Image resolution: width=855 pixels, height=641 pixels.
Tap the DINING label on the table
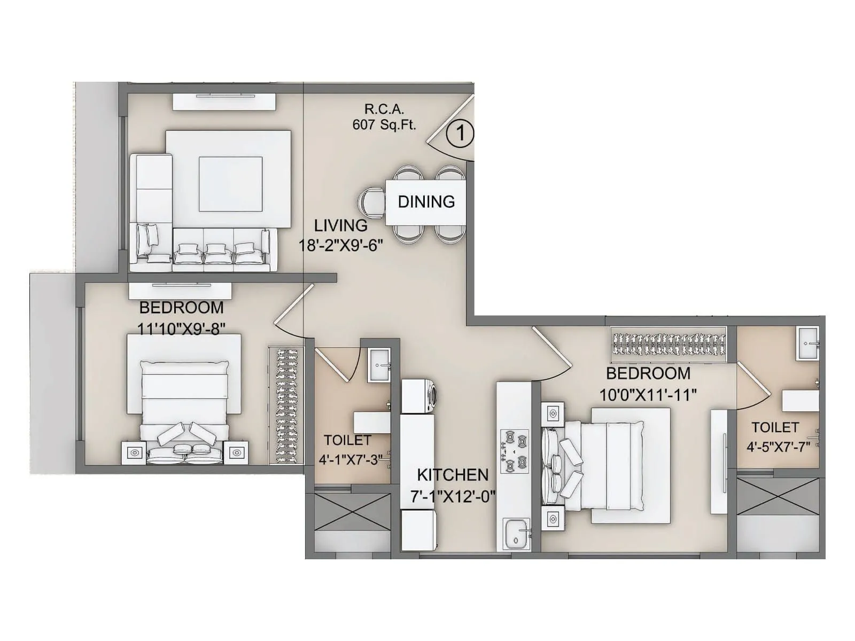coord(426,202)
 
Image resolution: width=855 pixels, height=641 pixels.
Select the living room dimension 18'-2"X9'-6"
coord(340,245)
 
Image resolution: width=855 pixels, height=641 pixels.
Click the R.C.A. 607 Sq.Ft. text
coord(384,117)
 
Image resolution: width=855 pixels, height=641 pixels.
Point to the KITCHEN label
coord(452,475)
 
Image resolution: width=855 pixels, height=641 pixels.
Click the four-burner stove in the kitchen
coord(514,451)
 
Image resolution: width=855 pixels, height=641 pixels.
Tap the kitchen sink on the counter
coord(516,534)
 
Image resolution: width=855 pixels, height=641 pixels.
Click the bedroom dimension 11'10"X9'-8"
coord(181,328)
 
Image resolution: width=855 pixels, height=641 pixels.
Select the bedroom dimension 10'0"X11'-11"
coord(648,395)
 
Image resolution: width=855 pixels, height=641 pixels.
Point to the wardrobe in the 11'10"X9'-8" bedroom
coord(286,406)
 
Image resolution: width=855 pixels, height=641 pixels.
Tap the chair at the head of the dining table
coord(371,203)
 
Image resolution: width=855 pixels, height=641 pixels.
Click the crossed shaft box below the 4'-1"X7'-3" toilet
coord(353,511)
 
